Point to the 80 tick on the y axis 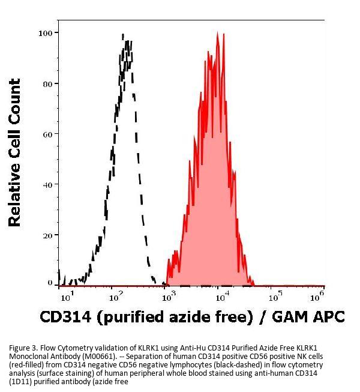tap(46, 83)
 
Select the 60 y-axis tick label tap(46, 134)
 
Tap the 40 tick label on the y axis tap(46, 184)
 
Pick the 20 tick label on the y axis tap(46, 235)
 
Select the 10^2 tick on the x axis tap(116, 295)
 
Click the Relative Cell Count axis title tap(14, 153)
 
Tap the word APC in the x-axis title tap(328, 317)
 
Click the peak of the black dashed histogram tap(122, 35)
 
